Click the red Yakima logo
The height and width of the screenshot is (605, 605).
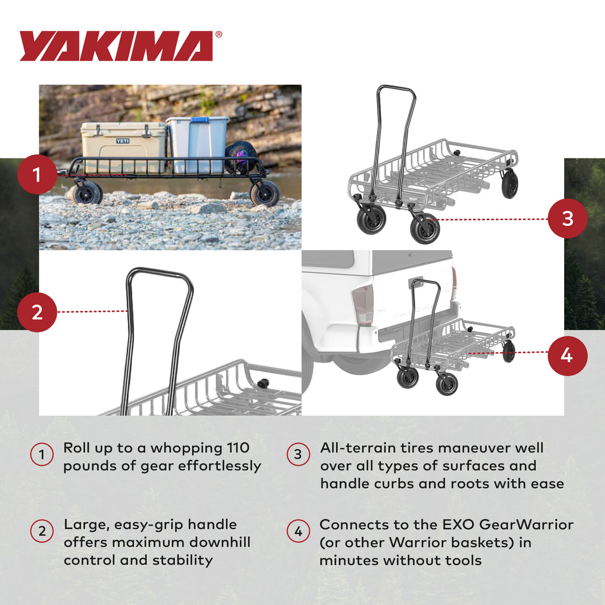[117, 46]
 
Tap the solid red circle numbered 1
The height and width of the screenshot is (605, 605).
[37, 174]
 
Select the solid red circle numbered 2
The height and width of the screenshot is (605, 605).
[37, 311]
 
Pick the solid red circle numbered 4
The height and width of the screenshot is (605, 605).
[567, 355]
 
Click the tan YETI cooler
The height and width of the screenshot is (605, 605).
[123, 147]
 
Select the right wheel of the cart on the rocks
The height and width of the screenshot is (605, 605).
[264, 193]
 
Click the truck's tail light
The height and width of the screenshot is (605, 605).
[362, 305]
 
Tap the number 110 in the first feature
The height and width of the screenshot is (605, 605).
[238, 448]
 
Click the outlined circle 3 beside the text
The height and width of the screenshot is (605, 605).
[298, 454]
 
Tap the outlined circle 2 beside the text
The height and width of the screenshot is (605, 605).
[42, 531]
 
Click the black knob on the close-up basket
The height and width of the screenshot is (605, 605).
[262, 383]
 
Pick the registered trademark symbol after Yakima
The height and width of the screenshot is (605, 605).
[218, 35]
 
